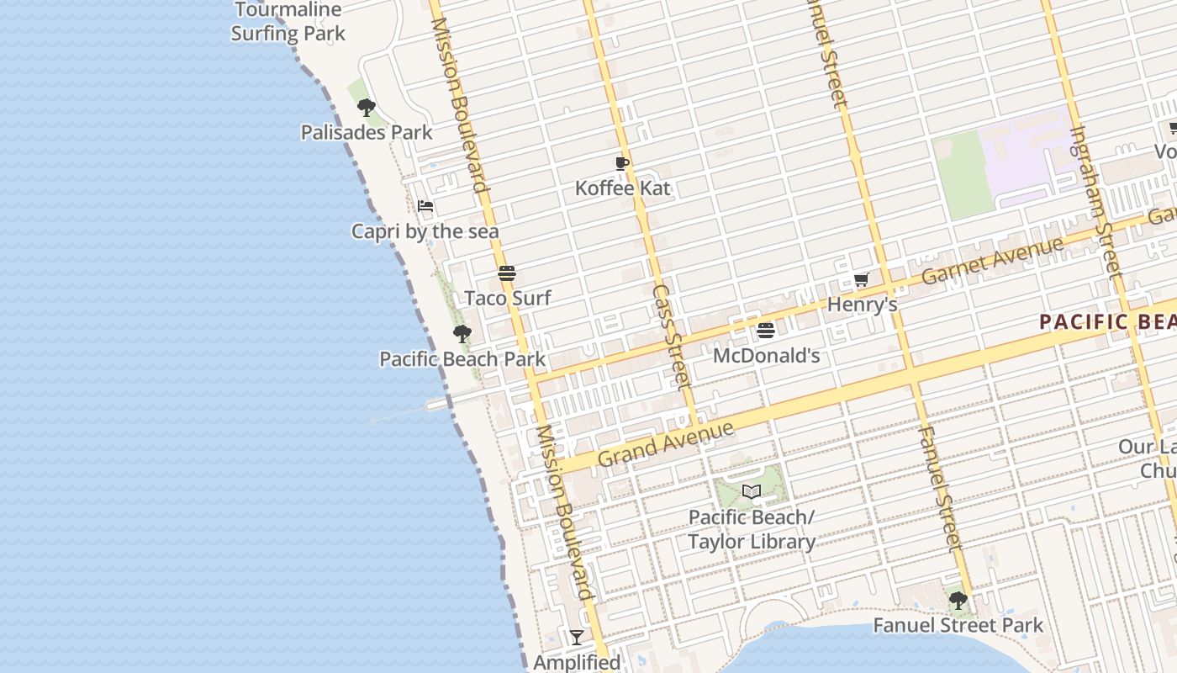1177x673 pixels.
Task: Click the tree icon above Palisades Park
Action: tap(366, 108)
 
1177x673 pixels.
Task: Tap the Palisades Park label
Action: tap(367, 133)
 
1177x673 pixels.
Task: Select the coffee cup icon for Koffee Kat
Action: tap(622, 163)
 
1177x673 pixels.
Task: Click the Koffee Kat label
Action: tap(623, 188)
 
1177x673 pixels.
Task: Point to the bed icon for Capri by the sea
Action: tap(425, 206)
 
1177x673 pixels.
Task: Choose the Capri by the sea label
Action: tap(425, 231)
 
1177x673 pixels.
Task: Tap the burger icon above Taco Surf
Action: tap(506, 273)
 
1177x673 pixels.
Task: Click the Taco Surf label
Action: tap(508, 298)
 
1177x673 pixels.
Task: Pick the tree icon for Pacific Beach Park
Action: tap(462, 334)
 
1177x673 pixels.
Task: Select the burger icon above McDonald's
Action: tap(765, 330)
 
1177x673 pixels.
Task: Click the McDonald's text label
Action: tap(766, 356)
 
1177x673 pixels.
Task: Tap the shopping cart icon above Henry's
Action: tap(861, 279)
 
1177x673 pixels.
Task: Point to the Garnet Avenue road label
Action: tap(992, 262)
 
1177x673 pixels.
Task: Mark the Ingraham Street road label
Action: tap(1096, 202)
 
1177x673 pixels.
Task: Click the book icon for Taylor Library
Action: tap(752, 491)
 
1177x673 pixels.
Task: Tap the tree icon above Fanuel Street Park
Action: tap(958, 600)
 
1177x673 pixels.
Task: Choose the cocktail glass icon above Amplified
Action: tap(577, 637)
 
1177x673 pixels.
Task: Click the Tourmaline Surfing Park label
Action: tap(288, 22)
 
